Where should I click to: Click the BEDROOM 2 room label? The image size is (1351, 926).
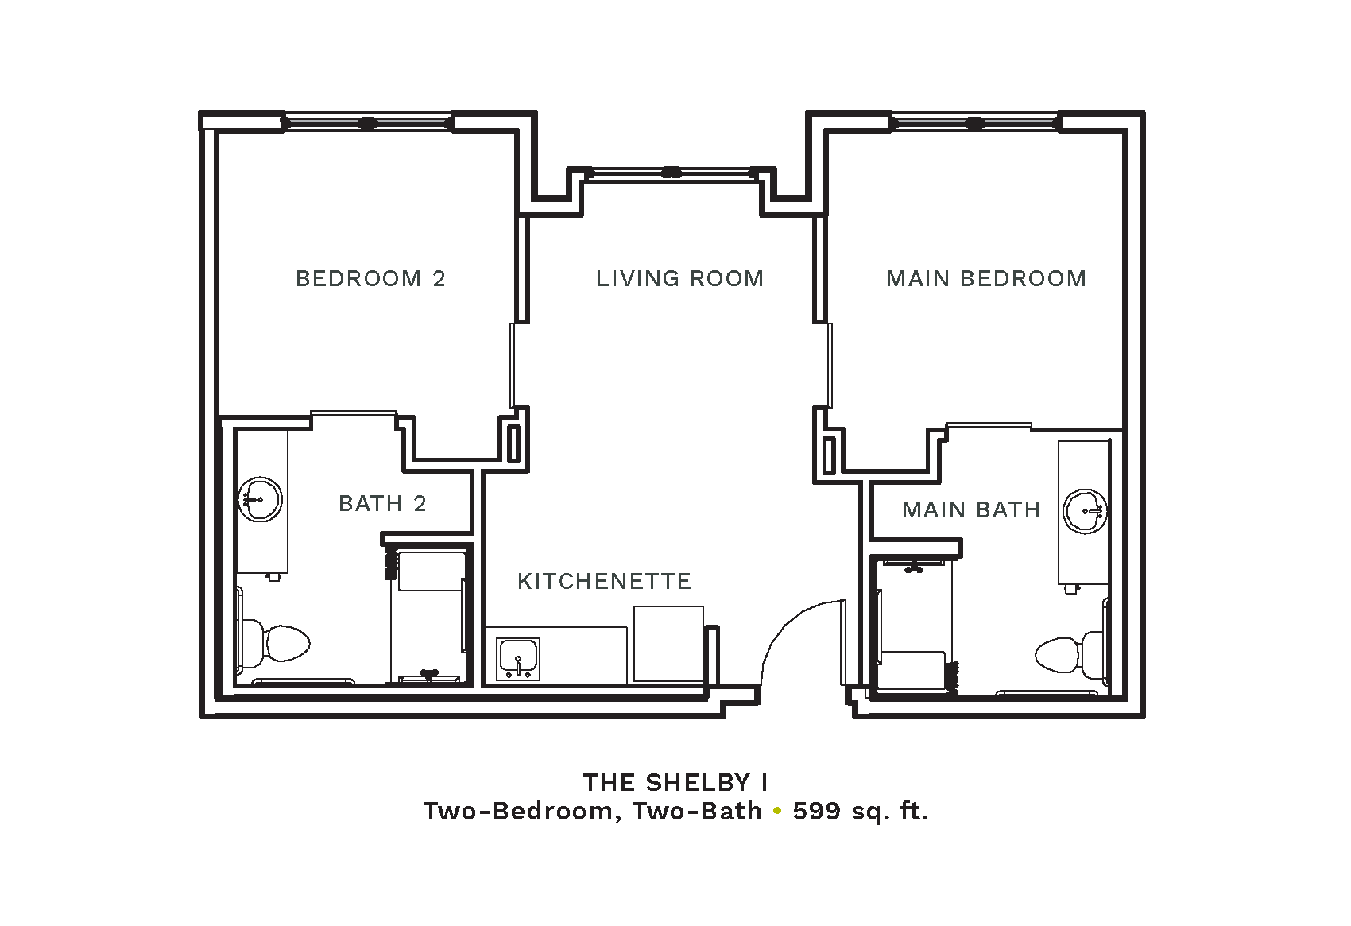[370, 279]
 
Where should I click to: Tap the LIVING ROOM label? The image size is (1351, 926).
[679, 279]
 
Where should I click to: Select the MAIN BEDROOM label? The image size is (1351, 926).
[986, 279]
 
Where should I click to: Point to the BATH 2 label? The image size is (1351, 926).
[382, 503]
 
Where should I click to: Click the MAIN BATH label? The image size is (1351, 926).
[971, 509]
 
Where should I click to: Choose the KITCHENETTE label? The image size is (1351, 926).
[604, 582]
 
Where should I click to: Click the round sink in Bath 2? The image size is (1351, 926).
[260, 499]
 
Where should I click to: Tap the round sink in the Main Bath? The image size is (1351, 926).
[1085, 512]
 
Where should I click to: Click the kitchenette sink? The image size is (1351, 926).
[518, 659]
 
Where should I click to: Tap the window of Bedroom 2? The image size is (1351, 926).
[368, 123]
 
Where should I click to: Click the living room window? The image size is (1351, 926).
[672, 173]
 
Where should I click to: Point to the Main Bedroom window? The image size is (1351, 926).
[975, 123]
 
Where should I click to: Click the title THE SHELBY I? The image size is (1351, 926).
[675, 782]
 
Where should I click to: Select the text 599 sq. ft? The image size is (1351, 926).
[860, 812]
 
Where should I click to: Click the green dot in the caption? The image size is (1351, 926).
[777, 812]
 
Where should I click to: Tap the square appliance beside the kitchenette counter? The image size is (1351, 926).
[668, 644]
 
